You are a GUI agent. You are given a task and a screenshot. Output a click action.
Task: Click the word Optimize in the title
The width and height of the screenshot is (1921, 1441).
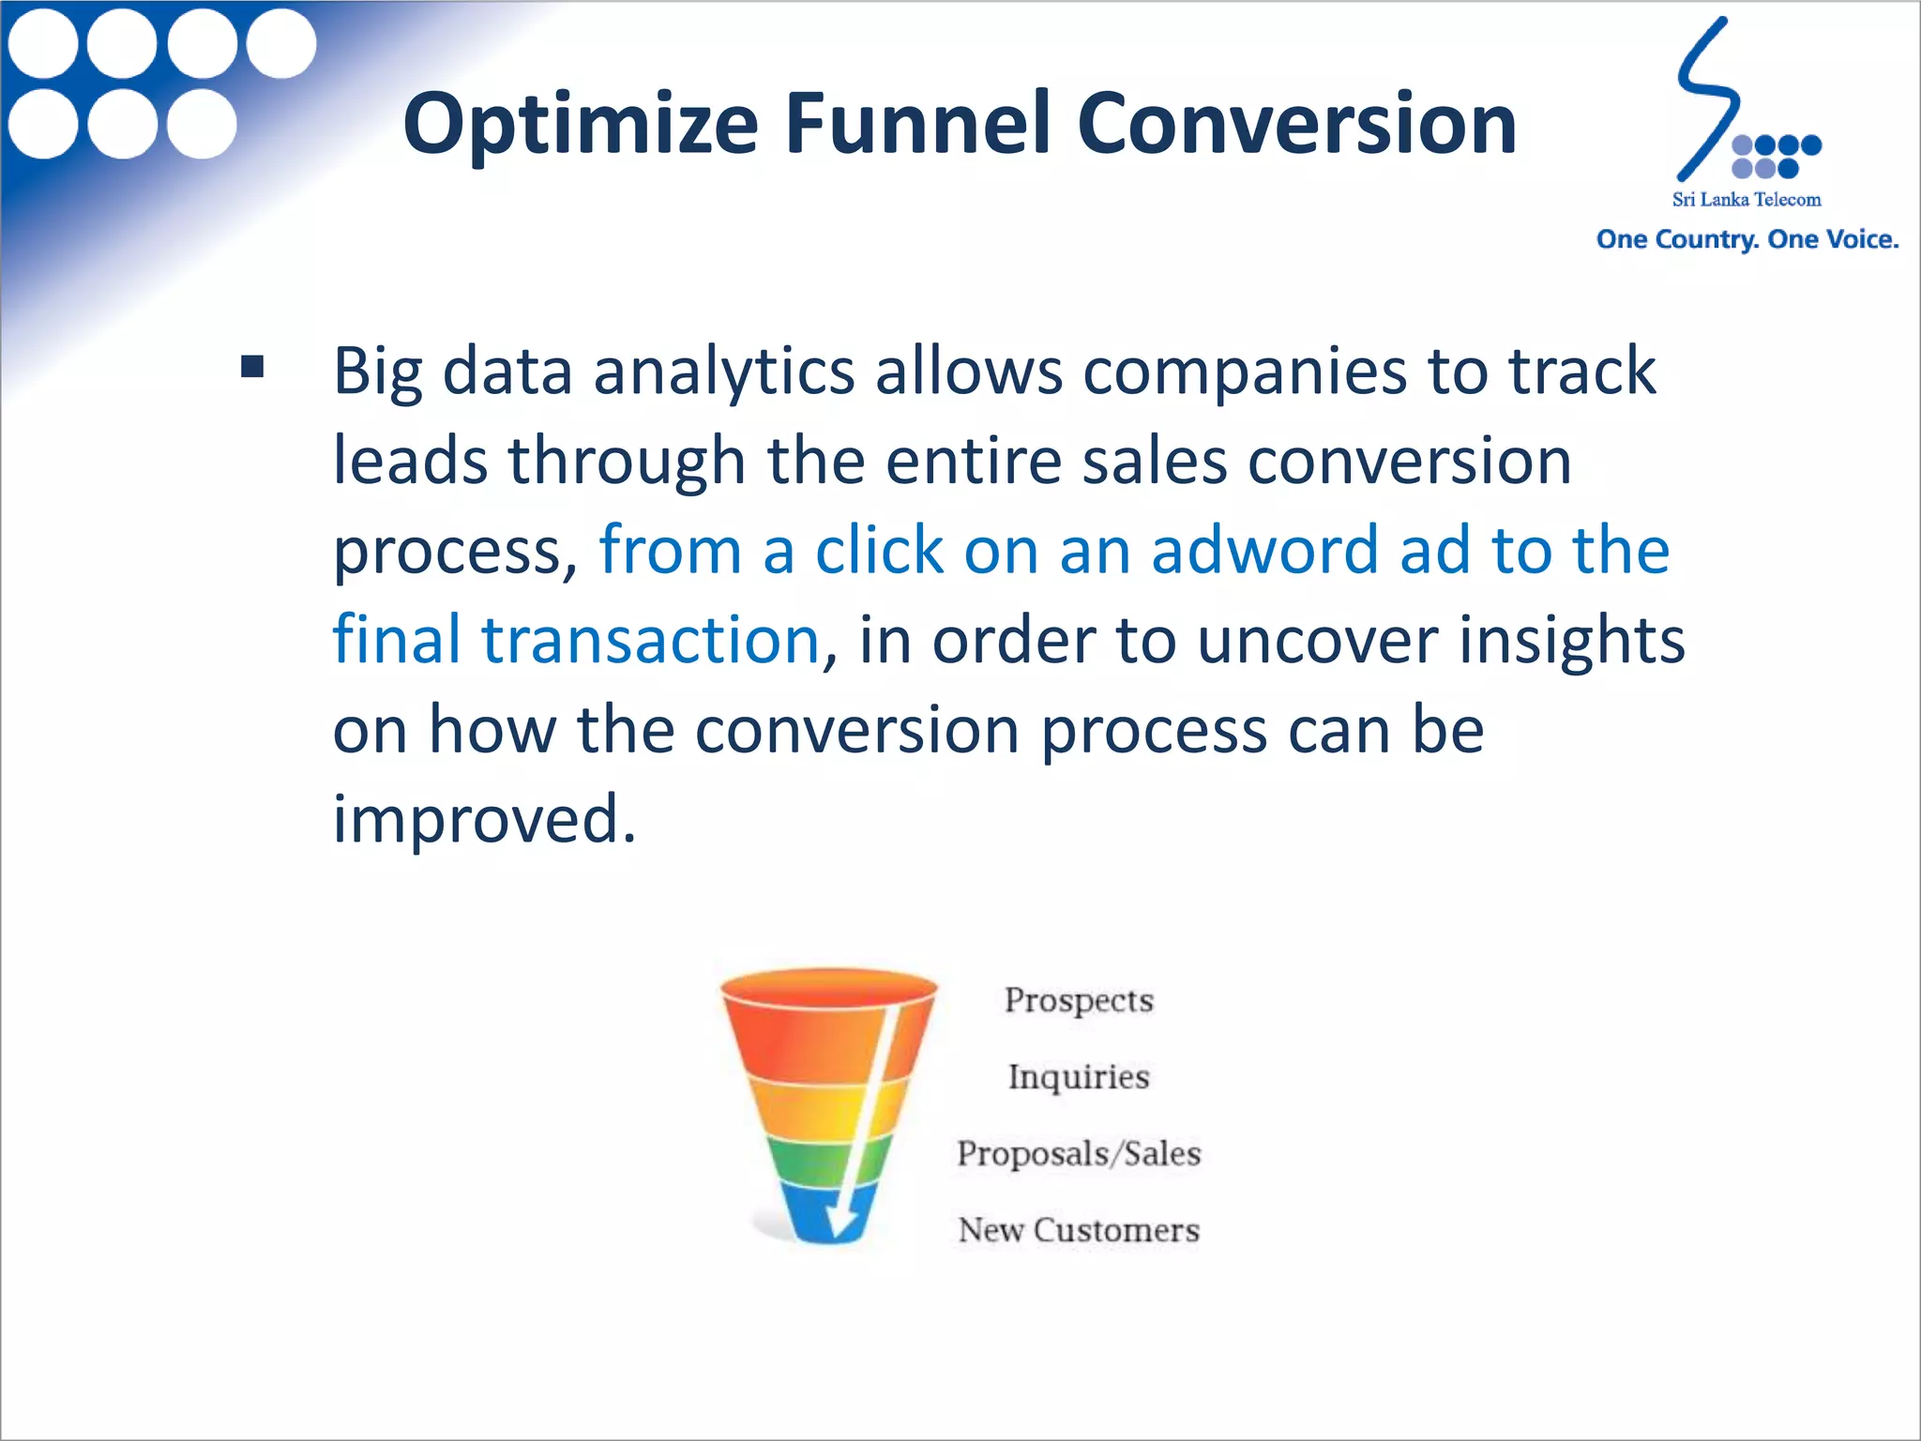click(x=580, y=125)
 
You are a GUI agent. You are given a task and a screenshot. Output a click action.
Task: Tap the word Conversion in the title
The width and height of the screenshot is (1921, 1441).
click(x=1296, y=125)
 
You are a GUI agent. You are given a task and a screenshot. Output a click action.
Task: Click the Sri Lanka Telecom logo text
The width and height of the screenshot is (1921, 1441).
click(x=1746, y=200)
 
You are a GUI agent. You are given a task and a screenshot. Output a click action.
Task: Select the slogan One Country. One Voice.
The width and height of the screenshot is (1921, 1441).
click(x=1747, y=239)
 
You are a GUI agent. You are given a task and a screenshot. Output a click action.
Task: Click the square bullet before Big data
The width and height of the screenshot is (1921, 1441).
click(x=251, y=366)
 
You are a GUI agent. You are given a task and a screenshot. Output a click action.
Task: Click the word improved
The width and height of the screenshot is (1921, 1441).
click(x=484, y=819)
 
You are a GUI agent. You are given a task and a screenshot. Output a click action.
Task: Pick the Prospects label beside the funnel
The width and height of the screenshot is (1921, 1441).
click(x=1079, y=1000)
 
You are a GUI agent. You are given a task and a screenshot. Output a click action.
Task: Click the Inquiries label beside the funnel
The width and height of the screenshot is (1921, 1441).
click(x=1079, y=1077)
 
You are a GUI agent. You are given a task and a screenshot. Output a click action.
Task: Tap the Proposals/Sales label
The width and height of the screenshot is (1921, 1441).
click(x=1079, y=1154)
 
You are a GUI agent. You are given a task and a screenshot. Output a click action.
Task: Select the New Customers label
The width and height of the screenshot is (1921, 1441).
click(x=1079, y=1230)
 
